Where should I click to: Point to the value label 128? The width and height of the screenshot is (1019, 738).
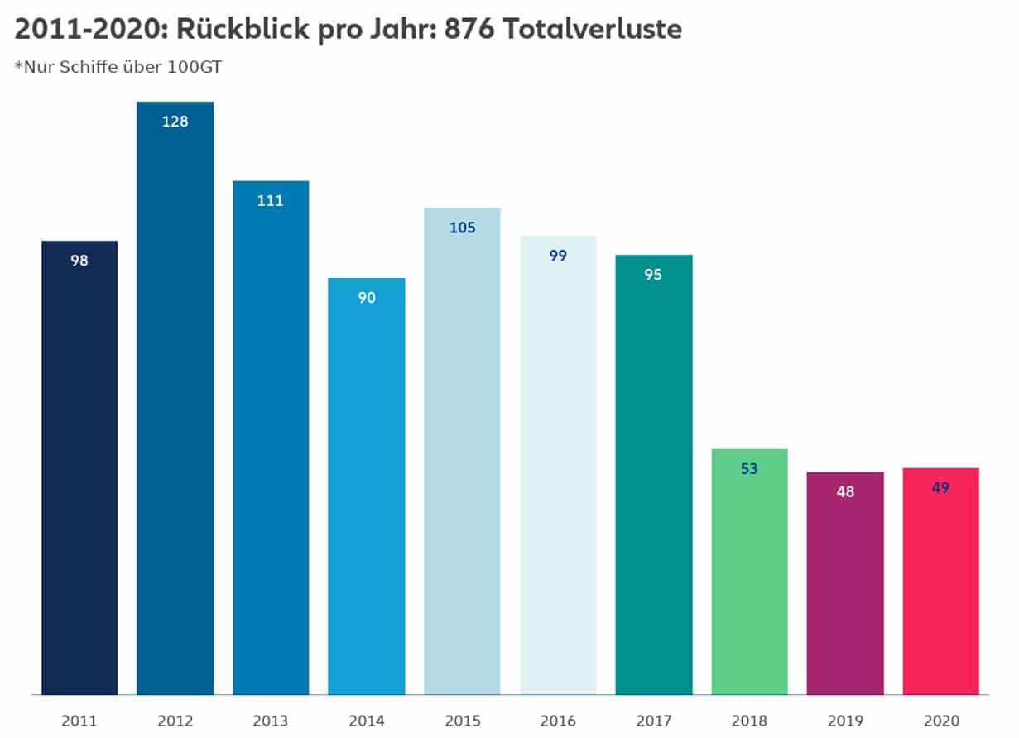pos(175,122)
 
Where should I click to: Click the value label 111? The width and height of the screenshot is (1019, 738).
pos(271,200)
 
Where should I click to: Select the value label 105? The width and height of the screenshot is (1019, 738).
pos(462,228)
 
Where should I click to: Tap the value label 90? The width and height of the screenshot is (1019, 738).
pos(367,298)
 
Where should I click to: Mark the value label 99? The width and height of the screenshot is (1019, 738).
pos(558,256)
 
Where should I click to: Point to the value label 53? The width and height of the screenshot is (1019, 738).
pos(749,469)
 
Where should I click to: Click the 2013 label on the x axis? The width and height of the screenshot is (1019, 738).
pos(271,721)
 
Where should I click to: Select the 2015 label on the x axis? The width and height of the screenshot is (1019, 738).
pos(462,721)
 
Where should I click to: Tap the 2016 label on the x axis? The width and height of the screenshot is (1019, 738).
pos(558,721)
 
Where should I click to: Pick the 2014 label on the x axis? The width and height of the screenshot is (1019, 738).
pos(367,721)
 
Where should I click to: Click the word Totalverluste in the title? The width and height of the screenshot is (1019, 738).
pos(592,30)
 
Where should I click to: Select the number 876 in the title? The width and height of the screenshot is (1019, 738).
pos(469,30)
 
